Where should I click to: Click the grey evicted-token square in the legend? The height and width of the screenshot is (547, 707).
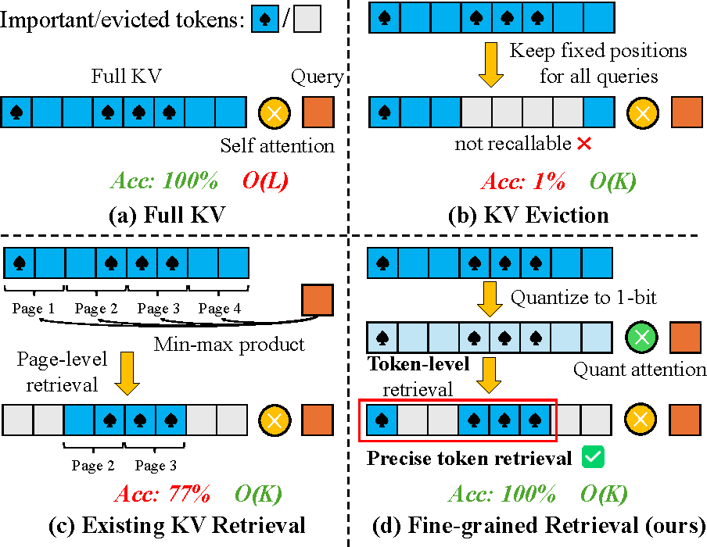click(x=307, y=19)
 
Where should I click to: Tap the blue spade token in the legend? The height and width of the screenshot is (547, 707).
click(x=265, y=19)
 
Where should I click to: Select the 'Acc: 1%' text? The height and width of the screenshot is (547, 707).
click(x=523, y=181)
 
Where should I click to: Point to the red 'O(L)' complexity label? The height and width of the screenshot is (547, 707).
click(x=265, y=181)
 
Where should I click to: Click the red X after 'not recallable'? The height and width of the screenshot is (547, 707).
click(x=584, y=145)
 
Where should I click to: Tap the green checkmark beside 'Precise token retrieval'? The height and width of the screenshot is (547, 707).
click(x=593, y=457)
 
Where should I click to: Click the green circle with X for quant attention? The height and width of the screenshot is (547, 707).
click(x=641, y=337)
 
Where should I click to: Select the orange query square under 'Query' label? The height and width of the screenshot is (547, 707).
click(x=318, y=113)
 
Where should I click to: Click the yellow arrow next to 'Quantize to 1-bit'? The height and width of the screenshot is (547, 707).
click(x=490, y=299)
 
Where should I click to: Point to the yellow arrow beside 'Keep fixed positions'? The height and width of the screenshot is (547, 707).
click(x=490, y=64)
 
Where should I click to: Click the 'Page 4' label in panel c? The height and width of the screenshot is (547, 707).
click(x=220, y=309)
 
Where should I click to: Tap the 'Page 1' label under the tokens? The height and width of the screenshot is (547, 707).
click(x=34, y=309)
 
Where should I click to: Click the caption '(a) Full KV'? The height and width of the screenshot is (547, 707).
click(x=167, y=214)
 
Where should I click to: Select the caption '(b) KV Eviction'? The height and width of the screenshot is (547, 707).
click(x=529, y=215)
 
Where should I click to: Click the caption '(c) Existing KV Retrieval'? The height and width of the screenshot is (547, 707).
click(x=177, y=525)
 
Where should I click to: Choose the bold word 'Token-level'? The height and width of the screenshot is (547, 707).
click(x=418, y=364)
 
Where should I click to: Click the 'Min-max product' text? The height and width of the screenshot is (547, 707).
click(x=229, y=345)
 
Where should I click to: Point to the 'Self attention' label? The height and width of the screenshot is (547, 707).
click(x=278, y=146)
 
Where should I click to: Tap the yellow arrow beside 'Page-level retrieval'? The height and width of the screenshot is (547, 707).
click(x=127, y=374)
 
